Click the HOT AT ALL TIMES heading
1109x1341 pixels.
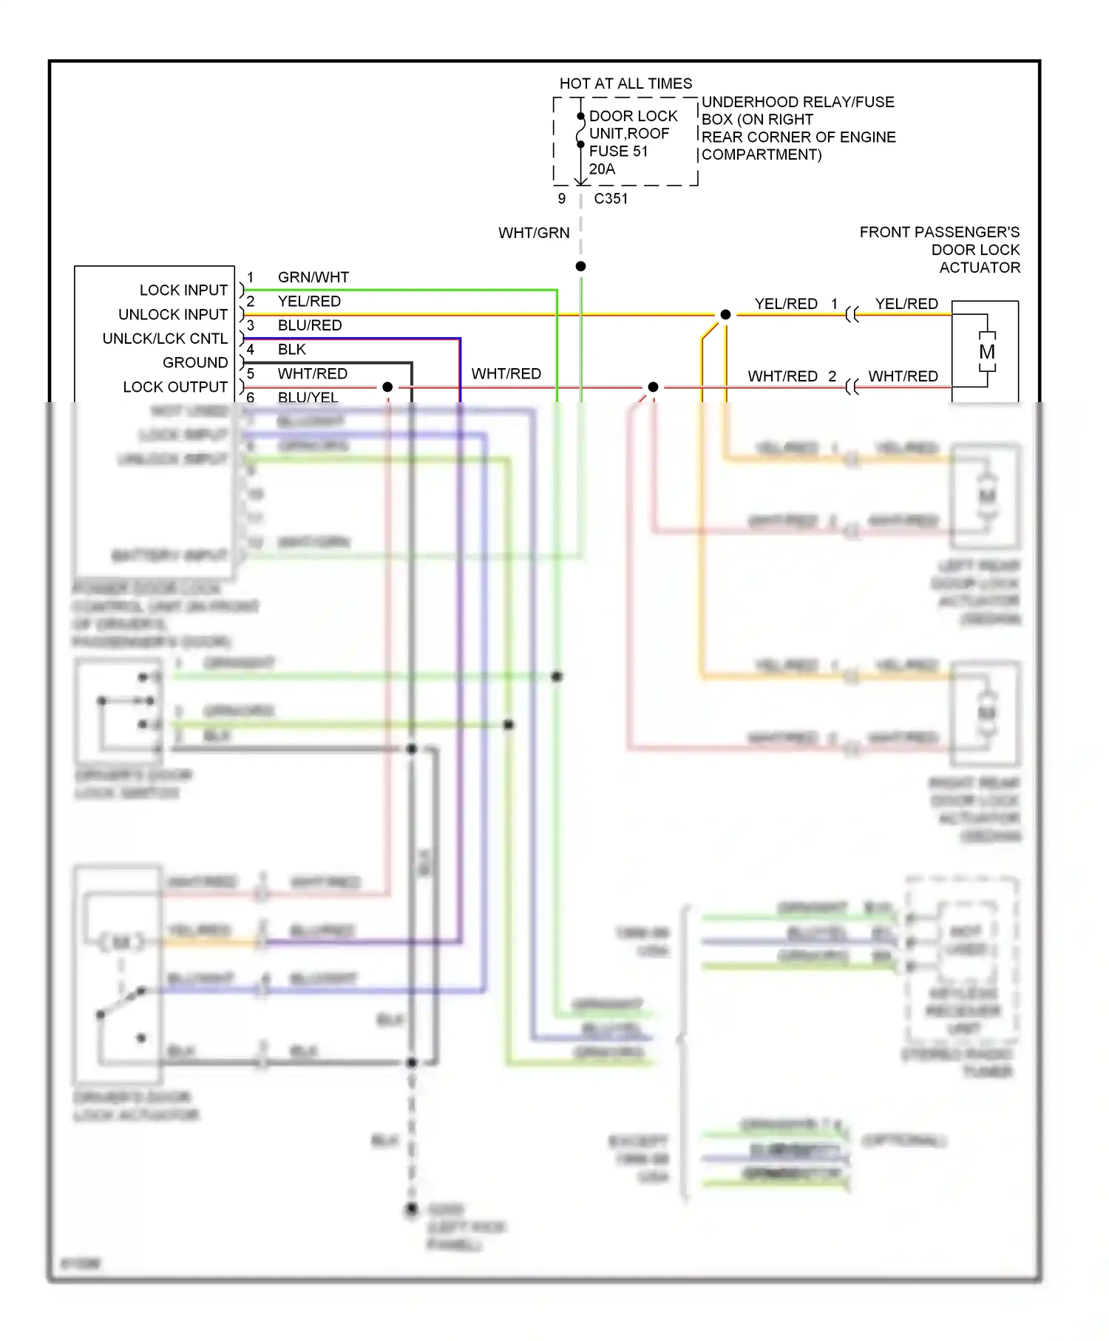(625, 84)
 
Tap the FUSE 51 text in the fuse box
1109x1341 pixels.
(618, 151)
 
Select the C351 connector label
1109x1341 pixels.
(611, 198)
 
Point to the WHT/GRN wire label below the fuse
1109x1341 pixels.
(534, 233)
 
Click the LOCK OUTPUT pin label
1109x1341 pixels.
(175, 387)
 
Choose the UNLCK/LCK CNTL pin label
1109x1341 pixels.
(165, 339)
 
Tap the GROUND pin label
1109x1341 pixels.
(195, 362)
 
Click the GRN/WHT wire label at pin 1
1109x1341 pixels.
(313, 277)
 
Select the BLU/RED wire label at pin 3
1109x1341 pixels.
(310, 325)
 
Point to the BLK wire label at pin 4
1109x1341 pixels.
(292, 349)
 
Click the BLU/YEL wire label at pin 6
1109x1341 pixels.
(308, 397)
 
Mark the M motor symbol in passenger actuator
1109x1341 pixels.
(987, 352)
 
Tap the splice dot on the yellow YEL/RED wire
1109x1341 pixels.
(725, 314)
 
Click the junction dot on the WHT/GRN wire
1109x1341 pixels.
(581, 266)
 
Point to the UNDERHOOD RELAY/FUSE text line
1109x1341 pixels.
(798, 102)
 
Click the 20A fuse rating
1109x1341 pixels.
(602, 169)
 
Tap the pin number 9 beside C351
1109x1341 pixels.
(562, 198)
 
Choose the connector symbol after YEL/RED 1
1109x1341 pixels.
(852, 315)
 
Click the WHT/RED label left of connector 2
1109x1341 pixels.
(782, 376)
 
